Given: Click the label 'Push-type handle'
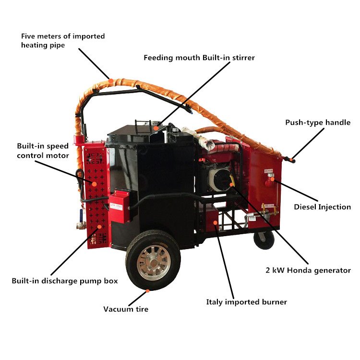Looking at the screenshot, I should [x=318, y=122].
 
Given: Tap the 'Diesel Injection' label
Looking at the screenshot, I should [x=322, y=207].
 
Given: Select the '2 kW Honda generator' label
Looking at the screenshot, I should [x=306, y=270].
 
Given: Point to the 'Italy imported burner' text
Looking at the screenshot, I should [x=246, y=302].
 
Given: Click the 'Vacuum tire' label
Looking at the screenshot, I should [x=126, y=309].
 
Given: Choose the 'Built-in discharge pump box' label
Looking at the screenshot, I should [x=65, y=280].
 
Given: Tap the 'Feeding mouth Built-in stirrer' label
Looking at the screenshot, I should [x=199, y=58].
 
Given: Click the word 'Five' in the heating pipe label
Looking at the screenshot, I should [x=28, y=36].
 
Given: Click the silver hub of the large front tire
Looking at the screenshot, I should [x=153, y=263].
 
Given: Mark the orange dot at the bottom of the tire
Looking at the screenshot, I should [x=148, y=290].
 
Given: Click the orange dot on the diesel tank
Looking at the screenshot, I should [x=272, y=180].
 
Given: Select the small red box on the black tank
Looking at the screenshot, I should [x=120, y=206].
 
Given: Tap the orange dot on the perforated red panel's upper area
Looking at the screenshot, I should [x=95, y=183].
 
